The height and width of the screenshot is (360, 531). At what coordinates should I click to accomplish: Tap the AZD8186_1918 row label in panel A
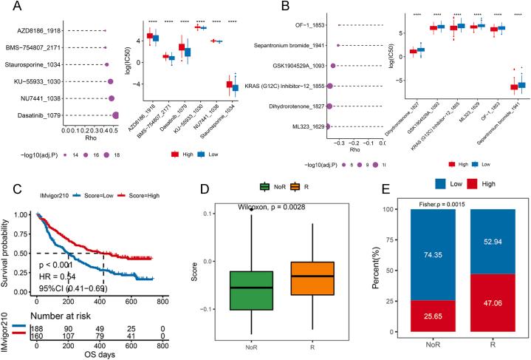pyautogui.click(x=36, y=30)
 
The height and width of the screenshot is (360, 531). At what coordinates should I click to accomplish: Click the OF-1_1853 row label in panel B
pyautogui.click(x=305, y=26)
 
